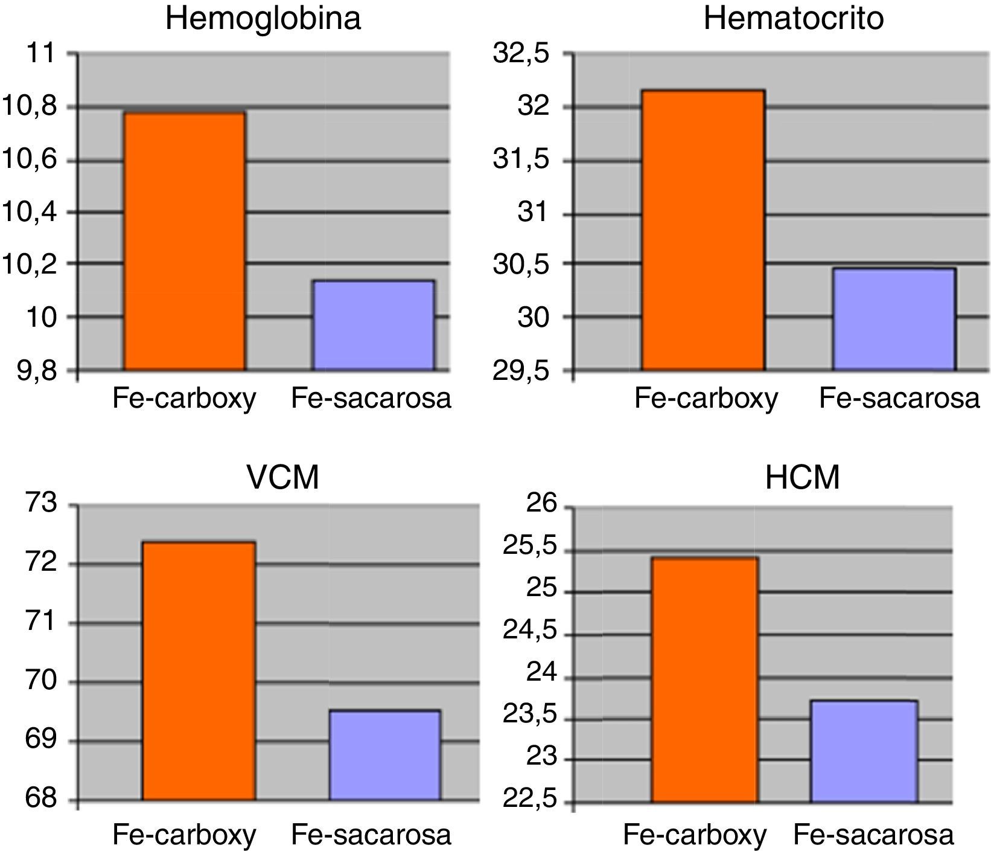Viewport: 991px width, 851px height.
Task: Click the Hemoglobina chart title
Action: (263, 18)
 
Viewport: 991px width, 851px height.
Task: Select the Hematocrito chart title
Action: (793, 18)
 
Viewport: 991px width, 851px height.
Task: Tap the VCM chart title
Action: (282, 478)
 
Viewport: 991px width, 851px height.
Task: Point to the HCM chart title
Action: (802, 478)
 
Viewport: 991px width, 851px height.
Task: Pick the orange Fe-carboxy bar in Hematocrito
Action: (703, 230)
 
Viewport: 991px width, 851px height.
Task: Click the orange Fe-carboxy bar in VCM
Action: (199, 670)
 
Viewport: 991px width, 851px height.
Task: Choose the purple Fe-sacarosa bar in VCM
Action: (384, 755)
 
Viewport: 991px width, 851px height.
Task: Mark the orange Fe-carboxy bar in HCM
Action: (704, 679)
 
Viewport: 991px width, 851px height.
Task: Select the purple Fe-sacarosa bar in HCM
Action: (864, 751)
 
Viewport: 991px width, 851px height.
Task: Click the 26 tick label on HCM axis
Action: (543, 506)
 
